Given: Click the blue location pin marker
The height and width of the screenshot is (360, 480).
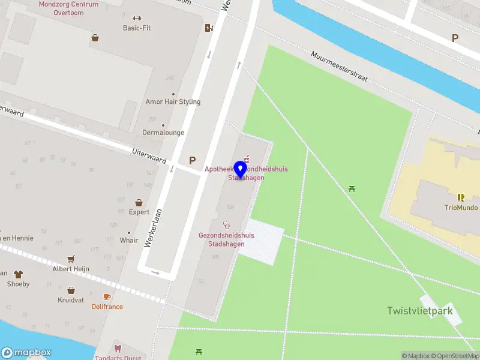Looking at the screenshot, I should pos(241,170).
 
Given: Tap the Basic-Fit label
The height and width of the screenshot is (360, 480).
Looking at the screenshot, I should pos(137,28).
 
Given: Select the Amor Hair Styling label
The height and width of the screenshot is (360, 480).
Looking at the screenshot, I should pos(173,101).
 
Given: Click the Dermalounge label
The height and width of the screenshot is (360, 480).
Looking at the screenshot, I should pos(163,132).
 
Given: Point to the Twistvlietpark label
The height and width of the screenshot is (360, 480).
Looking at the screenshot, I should pos(419,310).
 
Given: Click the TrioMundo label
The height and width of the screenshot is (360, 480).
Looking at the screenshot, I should pos(461,208).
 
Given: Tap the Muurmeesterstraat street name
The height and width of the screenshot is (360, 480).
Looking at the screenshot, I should pos(338,66).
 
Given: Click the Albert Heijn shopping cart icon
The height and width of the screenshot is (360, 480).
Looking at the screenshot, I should pos(71,259).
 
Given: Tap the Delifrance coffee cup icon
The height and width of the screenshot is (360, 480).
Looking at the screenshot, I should pos(107,296).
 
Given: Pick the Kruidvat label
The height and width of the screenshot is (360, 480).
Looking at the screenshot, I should pos(71,299).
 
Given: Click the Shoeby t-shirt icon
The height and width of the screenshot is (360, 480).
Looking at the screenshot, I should pos(18,274).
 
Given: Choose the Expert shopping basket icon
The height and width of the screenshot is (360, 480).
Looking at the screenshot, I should pos(139,203).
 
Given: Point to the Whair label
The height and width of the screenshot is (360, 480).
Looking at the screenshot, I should pos(128,240).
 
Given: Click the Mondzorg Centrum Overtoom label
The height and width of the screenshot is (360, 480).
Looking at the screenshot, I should pos(68,8).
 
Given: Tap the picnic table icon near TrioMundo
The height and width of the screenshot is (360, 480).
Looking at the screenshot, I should pos(352,189).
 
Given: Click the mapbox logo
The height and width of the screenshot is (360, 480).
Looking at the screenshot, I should pos(26,353).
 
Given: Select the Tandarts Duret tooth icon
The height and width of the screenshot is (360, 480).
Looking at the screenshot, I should pos(118,348).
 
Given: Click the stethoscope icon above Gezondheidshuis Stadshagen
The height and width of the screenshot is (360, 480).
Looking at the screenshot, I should pos(226,225).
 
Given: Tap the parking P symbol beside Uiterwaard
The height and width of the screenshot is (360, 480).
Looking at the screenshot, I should pos(192,160).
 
